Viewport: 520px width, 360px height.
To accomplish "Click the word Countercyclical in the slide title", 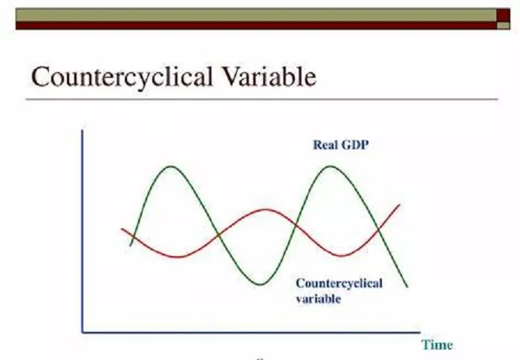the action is [122, 78].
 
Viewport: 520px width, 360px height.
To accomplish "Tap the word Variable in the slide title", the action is [269, 76].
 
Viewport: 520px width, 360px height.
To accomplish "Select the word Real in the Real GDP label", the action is [325, 145].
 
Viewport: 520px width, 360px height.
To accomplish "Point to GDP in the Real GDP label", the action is [354, 145].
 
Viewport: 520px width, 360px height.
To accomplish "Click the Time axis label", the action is [437, 344].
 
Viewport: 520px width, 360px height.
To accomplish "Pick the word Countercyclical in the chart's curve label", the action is [339, 284].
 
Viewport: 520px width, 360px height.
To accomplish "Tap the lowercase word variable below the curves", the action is [318, 299].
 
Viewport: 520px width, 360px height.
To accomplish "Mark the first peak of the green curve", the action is [171, 166].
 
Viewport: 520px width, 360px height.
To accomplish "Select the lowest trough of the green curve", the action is [261, 284].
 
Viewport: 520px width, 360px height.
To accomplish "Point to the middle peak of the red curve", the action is [265, 209].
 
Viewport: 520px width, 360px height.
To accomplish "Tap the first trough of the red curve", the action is [178, 258].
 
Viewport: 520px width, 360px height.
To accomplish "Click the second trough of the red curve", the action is [340, 256].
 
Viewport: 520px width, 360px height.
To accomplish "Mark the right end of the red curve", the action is [400, 205].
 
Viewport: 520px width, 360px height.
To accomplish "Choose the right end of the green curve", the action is [407, 287].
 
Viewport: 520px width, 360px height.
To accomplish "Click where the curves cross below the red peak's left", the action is [218, 235].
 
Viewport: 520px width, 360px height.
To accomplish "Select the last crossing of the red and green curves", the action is [378, 229].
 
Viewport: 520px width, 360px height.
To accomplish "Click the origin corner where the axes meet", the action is [82, 332].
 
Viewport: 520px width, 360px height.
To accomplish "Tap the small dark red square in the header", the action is [503, 16].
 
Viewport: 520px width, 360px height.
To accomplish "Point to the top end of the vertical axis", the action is [82, 128].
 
